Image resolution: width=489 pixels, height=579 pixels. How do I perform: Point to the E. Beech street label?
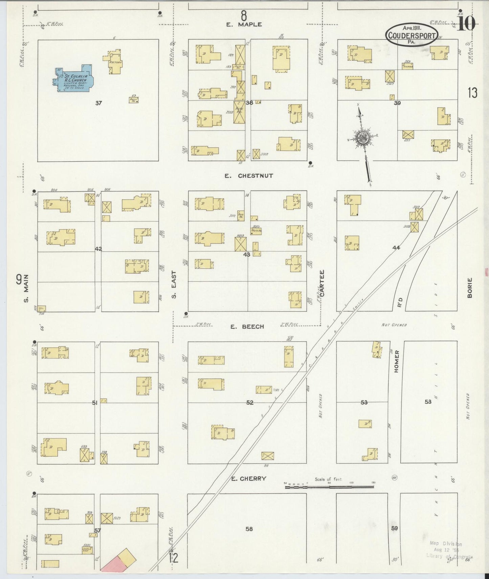tap(247, 327)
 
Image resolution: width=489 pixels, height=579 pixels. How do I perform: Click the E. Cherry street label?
tap(249, 478)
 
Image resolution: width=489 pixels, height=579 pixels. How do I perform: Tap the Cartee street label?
tap(322, 283)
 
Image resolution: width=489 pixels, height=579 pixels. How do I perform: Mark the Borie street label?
tap(470, 290)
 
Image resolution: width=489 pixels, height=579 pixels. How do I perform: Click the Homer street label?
tap(396, 361)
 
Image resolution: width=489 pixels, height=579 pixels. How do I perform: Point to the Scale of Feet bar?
tap(329, 486)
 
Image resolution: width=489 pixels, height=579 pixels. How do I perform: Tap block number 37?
tap(98, 103)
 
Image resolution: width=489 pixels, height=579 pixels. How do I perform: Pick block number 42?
tap(98, 249)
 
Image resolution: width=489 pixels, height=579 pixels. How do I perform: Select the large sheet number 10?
tap(467, 24)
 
